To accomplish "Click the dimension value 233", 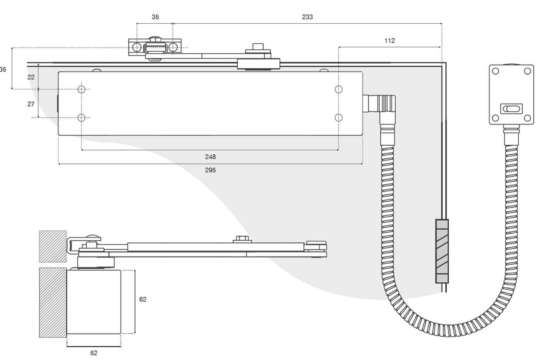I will tap(307, 17).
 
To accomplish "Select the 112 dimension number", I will tap(390, 41).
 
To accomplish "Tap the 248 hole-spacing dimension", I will tap(210, 157).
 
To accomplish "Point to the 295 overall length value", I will tap(210, 170).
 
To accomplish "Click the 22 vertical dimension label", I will tap(31, 77).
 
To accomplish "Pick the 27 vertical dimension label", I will tap(31, 104).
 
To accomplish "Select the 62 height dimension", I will tap(143, 299).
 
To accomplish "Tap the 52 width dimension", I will tap(94, 353).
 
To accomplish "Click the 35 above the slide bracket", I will tap(155, 17).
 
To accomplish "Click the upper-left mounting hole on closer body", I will tap(81, 89).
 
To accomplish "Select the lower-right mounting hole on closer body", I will tap(338, 118).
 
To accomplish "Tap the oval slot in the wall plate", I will tap(511, 109).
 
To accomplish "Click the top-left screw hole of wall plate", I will tap(495, 71).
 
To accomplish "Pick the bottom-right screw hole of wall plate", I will tap(527, 118).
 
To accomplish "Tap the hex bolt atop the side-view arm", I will tap(242, 239).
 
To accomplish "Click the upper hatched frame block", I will tap(53, 246).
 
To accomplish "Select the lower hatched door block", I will tap(53, 302).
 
